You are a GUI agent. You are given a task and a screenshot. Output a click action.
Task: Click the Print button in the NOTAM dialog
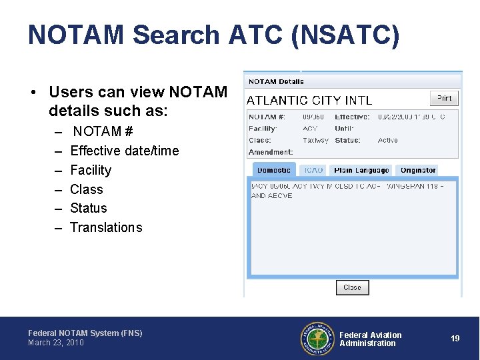(x=444, y=98)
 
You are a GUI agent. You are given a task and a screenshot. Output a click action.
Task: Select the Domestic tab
(x=274, y=171)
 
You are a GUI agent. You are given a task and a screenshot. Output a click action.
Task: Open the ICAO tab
(x=313, y=171)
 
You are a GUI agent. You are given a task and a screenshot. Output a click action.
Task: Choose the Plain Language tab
(x=361, y=171)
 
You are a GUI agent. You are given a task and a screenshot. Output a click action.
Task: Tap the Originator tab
(x=418, y=171)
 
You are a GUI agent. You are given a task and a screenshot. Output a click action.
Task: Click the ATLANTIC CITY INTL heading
(x=309, y=101)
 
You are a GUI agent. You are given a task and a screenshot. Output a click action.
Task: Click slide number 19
(x=455, y=339)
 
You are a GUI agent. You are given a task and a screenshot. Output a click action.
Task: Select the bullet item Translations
(x=106, y=227)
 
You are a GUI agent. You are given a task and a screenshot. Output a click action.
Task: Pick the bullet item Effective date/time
(x=125, y=151)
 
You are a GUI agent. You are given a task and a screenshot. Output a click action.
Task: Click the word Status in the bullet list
(x=89, y=208)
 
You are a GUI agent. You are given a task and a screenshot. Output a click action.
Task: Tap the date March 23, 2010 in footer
(x=56, y=343)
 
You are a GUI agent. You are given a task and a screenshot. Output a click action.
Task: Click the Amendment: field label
(x=271, y=153)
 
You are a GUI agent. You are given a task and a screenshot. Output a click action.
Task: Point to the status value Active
(x=387, y=141)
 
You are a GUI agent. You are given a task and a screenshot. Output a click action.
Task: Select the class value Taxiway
(x=315, y=141)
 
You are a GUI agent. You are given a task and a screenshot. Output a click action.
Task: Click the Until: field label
(x=344, y=129)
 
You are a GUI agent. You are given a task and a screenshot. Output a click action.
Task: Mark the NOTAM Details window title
(x=276, y=82)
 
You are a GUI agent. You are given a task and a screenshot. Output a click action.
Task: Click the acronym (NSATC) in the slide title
(x=345, y=35)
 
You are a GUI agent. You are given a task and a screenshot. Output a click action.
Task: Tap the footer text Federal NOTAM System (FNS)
(x=85, y=333)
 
